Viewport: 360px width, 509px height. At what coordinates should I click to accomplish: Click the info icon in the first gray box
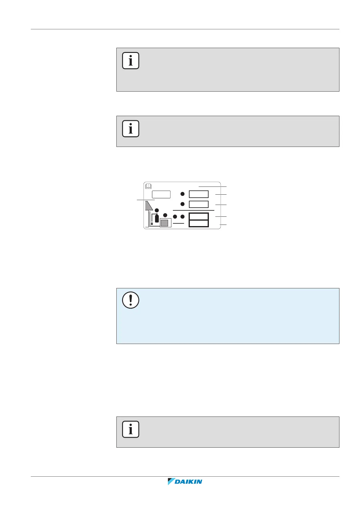click(131, 61)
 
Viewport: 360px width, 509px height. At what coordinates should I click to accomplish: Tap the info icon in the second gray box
click(131, 129)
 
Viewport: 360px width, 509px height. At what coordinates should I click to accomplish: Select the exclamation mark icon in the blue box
click(131, 300)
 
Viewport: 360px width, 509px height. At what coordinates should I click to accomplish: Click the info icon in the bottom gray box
click(131, 429)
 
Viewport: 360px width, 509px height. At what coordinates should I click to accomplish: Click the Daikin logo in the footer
click(185, 481)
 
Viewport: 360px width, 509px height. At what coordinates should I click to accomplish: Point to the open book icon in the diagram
click(148, 186)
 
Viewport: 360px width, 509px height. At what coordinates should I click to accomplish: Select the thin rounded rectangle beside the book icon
click(161, 194)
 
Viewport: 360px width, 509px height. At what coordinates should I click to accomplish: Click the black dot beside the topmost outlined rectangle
click(183, 194)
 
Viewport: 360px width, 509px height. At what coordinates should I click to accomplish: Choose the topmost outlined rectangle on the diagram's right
click(199, 194)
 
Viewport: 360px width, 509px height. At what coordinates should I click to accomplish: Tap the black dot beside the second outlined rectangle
click(183, 204)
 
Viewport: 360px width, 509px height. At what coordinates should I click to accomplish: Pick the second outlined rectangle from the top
click(199, 204)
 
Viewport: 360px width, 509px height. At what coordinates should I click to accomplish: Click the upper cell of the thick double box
click(199, 216)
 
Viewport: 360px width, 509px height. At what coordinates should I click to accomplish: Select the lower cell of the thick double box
click(199, 223)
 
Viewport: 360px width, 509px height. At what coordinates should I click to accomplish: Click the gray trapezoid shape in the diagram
click(149, 206)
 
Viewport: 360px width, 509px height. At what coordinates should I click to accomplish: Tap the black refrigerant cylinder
click(157, 218)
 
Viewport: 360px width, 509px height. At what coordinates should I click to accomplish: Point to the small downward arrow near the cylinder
click(152, 224)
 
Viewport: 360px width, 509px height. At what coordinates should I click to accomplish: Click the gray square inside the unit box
click(164, 223)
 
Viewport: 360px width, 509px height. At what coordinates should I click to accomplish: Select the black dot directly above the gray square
click(165, 215)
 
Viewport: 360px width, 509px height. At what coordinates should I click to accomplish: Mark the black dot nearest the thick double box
click(183, 216)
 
